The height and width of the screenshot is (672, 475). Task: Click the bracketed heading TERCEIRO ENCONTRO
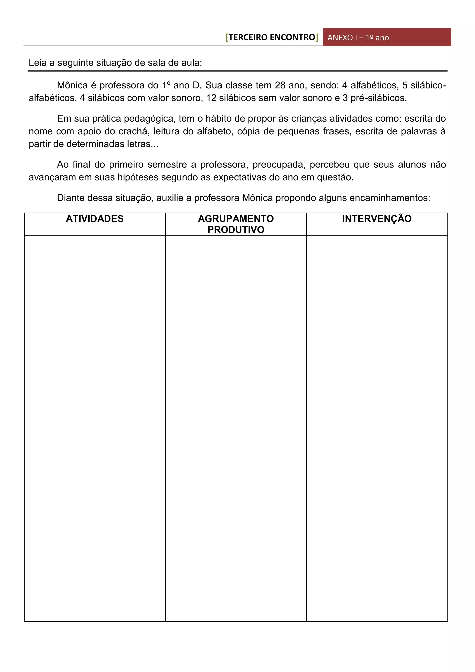[x=272, y=37]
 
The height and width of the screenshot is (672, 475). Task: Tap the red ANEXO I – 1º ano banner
[x=387, y=37]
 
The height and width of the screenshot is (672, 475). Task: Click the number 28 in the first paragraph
[x=280, y=85]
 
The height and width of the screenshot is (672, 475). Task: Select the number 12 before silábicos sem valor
[x=211, y=98]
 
